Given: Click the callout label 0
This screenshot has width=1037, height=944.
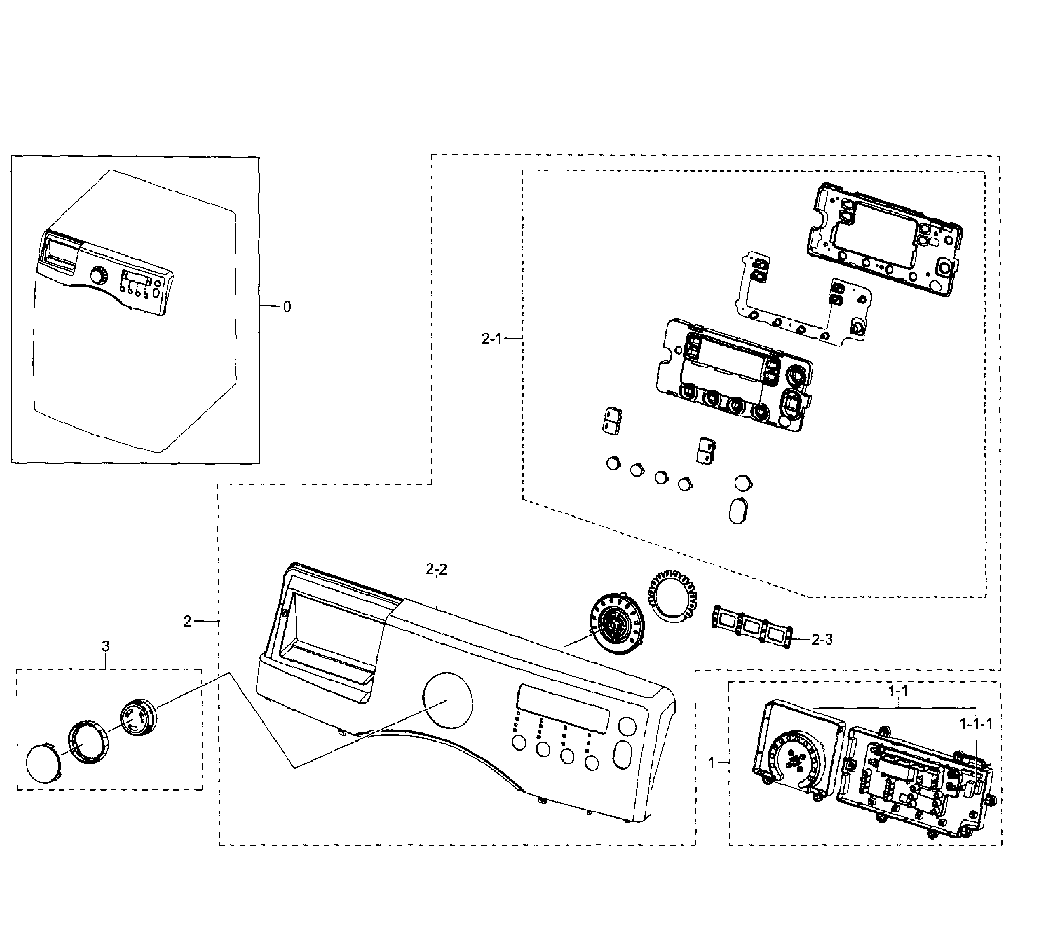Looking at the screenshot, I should (x=287, y=307).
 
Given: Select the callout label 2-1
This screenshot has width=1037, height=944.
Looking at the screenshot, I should (x=491, y=339).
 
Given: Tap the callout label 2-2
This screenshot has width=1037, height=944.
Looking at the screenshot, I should (x=436, y=569).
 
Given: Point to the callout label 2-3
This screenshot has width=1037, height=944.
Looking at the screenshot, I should (x=822, y=639).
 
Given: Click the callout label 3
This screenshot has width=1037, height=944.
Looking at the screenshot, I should (x=106, y=646).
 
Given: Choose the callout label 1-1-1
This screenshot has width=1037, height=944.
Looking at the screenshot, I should (x=976, y=724).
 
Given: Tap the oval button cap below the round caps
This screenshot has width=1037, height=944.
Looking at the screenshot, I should (x=738, y=510).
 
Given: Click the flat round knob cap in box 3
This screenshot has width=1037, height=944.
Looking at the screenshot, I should (x=43, y=763).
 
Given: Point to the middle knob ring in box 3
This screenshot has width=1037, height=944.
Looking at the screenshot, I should (x=88, y=740).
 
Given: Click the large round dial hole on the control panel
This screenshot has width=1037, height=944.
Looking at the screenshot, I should (x=448, y=700).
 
